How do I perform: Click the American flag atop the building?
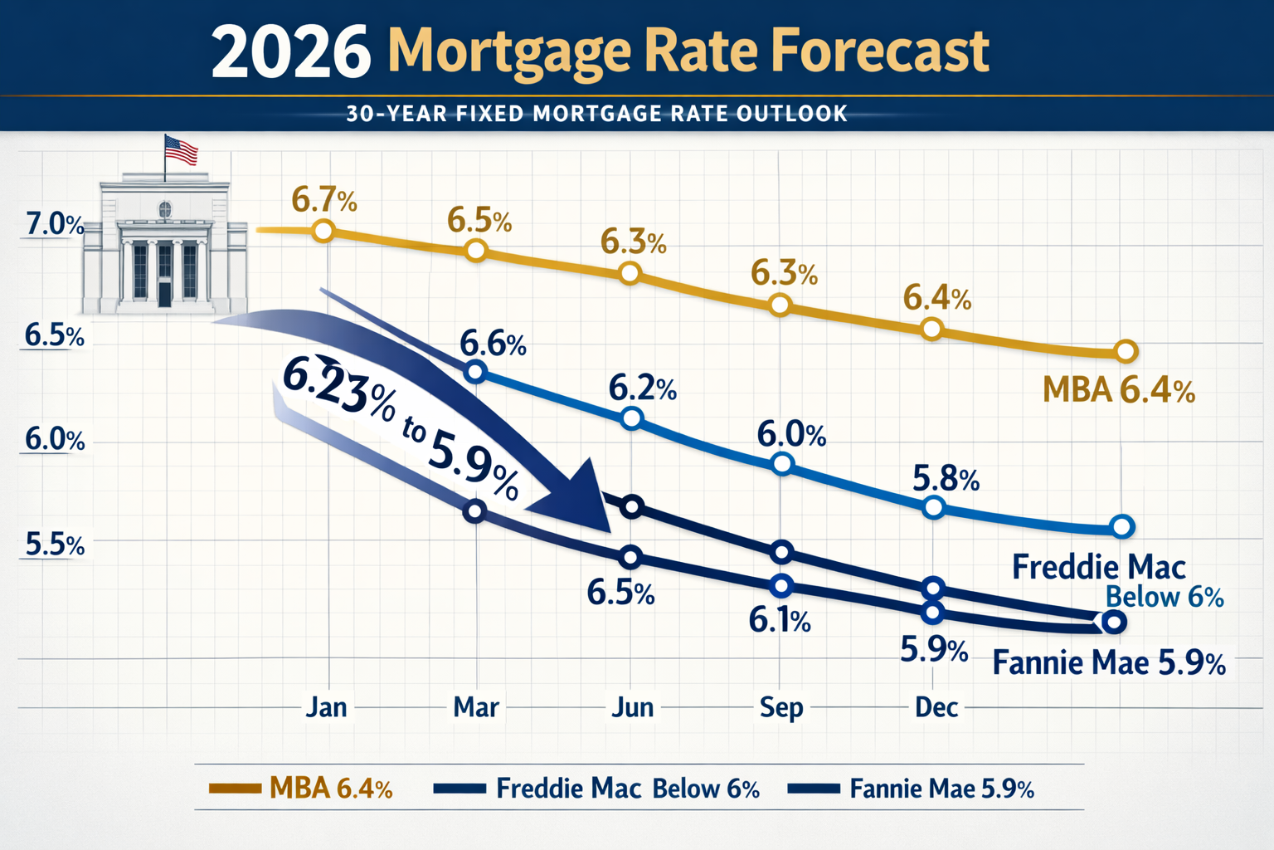click(x=181, y=149)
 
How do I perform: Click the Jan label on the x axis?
click(x=326, y=707)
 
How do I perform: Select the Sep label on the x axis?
click(x=781, y=707)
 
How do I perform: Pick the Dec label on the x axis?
click(x=936, y=707)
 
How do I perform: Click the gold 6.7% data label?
click(x=323, y=200)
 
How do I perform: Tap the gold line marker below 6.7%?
click(x=323, y=231)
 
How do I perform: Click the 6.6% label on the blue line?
click(x=493, y=343)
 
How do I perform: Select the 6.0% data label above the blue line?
click(x=791, y=434)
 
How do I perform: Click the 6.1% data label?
click(x=779, y=620)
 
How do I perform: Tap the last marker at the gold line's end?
click(x=1126, y=351)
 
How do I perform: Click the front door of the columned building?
click(x=164, y=292)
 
